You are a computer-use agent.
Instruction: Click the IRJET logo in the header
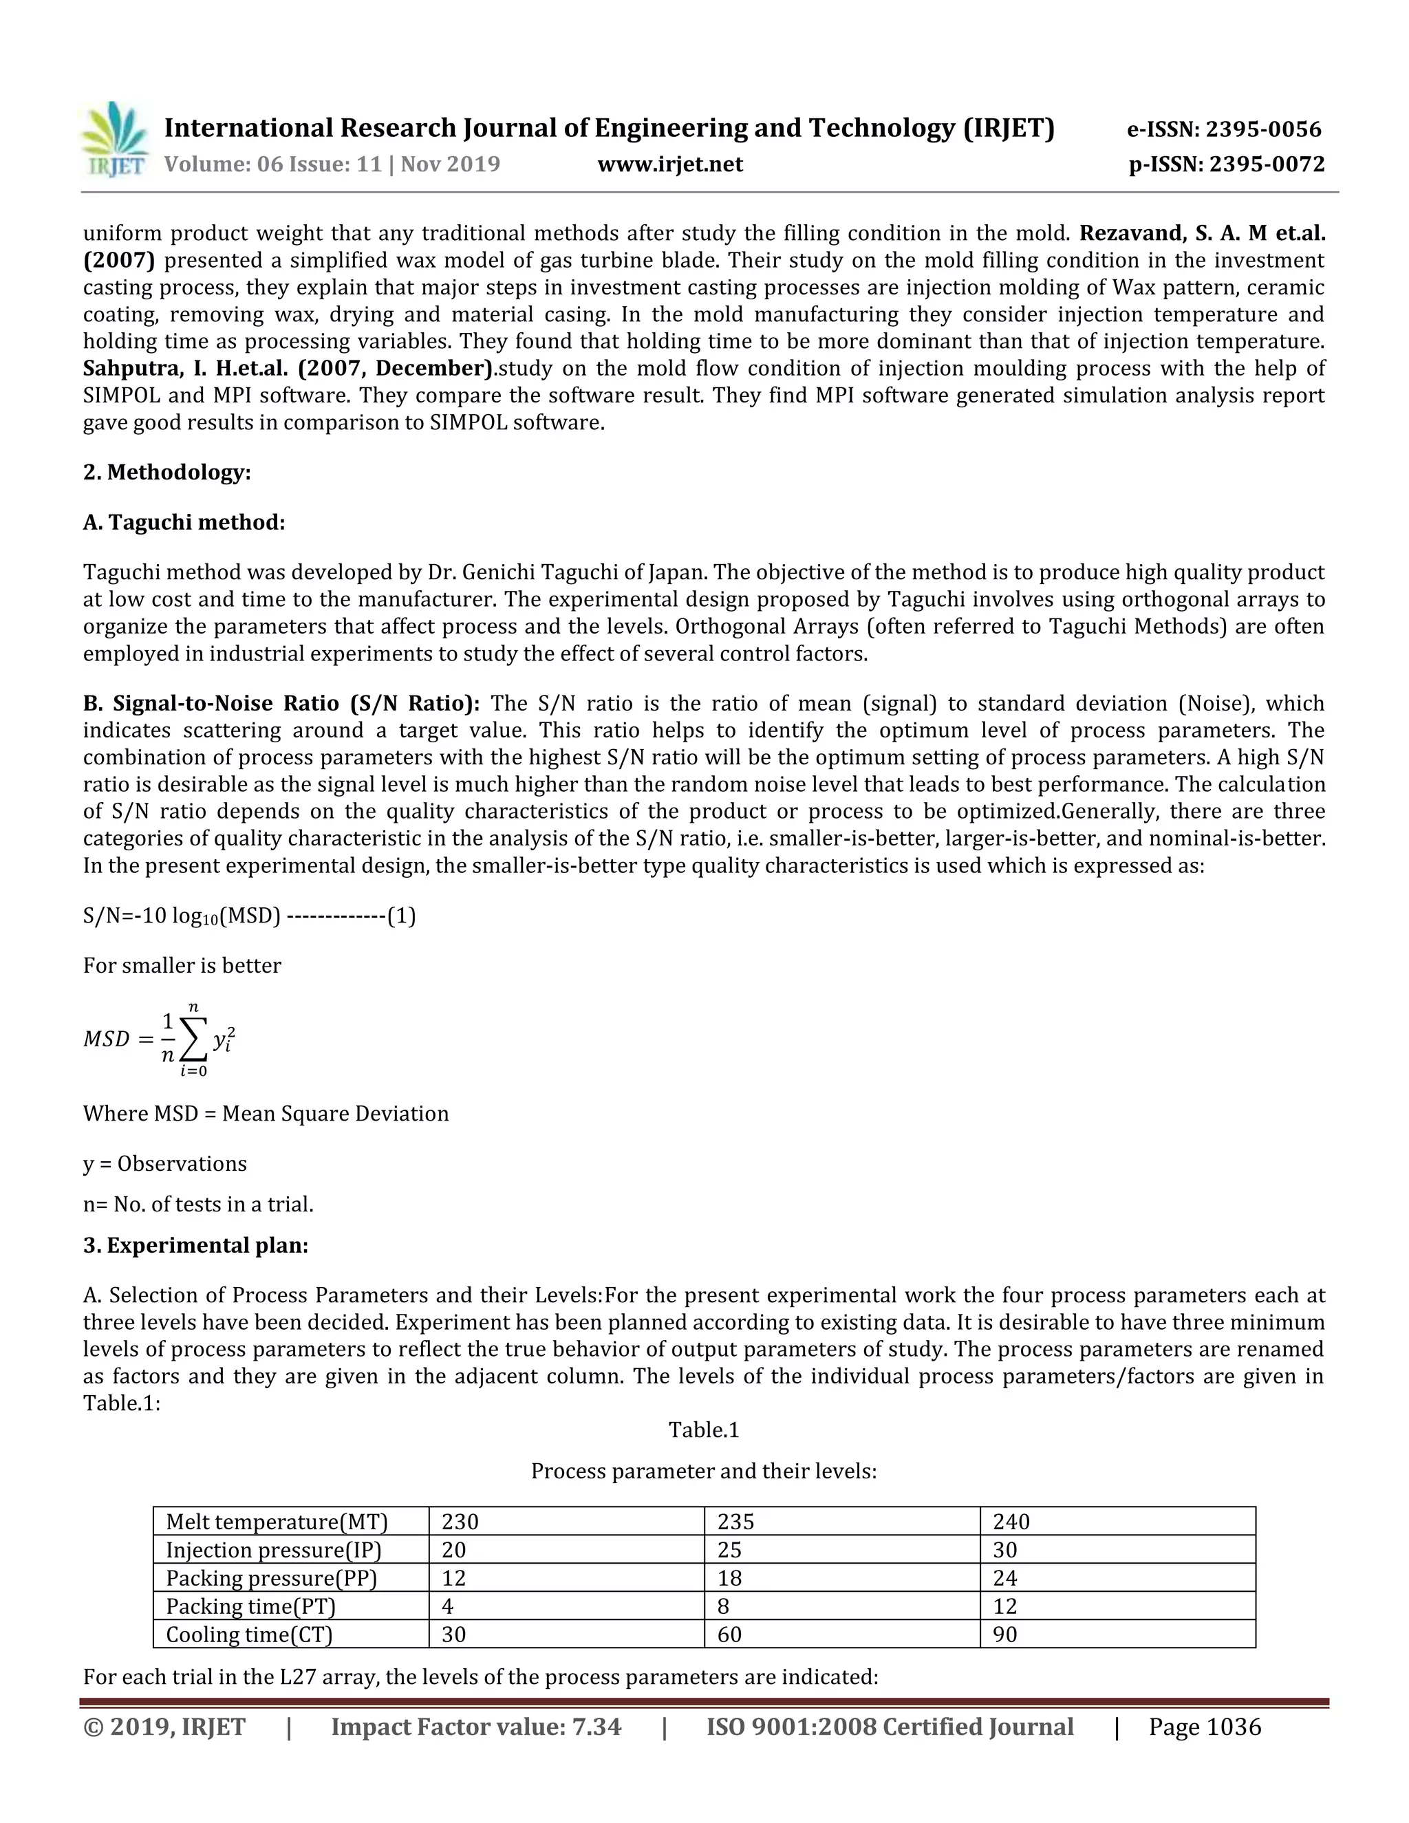click(115, 140)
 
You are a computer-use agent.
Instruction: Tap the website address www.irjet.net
click(669, 164)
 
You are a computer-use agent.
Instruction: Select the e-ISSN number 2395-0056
click(1263, 129)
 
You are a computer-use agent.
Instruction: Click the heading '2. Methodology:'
click(167, 473)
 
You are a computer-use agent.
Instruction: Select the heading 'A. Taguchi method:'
click(184, 523)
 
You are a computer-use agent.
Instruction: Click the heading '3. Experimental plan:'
click(195, 1245)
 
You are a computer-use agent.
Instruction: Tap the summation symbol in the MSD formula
click(193, 1040)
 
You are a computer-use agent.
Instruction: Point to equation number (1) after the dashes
click(402, 916)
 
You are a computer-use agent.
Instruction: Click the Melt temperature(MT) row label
click(277, 1522)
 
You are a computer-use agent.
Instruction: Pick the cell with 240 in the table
click(1011, 1522)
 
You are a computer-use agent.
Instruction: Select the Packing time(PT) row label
click(250, 1606)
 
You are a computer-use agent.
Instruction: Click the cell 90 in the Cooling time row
click(1005, 1635)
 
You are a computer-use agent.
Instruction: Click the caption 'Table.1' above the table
click(704, 1431)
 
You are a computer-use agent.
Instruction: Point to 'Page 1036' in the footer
click(1205, 1727)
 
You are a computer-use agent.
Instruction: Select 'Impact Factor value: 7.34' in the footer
click(476, 1727)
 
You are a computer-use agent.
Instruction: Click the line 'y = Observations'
click(164, 1163)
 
